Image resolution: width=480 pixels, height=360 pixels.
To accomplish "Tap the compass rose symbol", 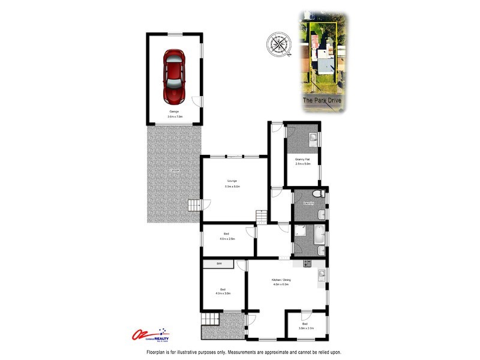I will pos(278,44).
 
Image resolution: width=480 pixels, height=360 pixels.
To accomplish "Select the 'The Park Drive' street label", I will pos(322,101).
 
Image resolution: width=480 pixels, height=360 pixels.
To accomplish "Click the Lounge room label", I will pos(232,181).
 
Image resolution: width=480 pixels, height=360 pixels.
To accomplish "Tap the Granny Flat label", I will pos(303,158).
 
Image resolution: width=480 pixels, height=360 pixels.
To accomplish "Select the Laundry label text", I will pos(309,204).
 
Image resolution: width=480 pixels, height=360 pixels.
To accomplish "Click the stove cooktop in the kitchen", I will pos(308,263).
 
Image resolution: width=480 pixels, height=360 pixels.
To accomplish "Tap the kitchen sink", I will pos(322,275).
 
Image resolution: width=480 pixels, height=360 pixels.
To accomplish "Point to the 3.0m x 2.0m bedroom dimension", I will pos(306,328).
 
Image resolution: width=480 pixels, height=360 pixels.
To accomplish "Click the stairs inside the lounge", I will pos(260,215).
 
